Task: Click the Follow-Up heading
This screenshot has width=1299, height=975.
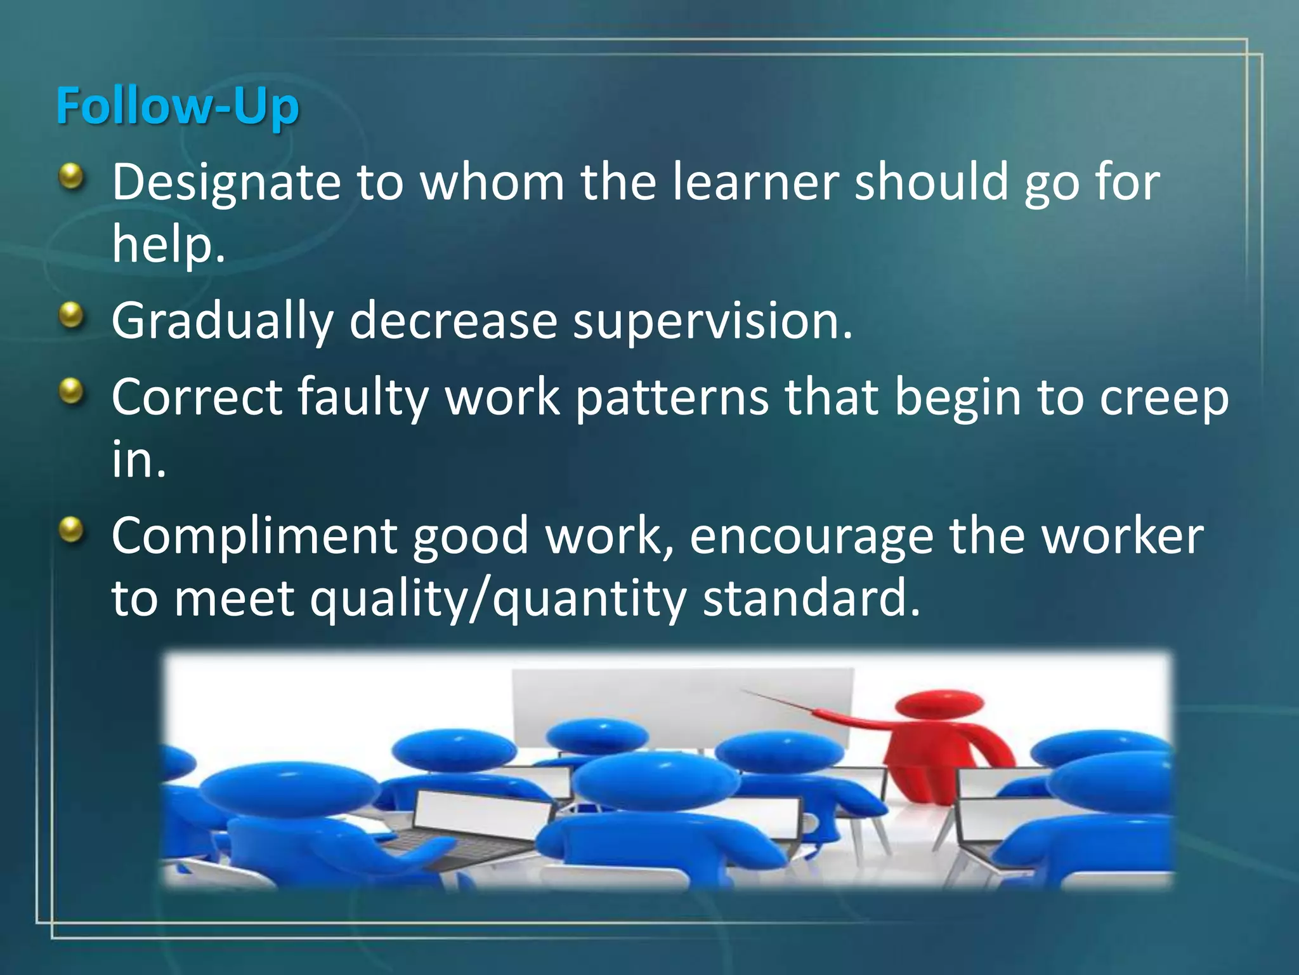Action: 177,106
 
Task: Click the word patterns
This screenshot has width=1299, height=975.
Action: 672,397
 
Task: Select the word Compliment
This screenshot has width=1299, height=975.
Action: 254,537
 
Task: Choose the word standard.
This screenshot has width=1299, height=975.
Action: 811,599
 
